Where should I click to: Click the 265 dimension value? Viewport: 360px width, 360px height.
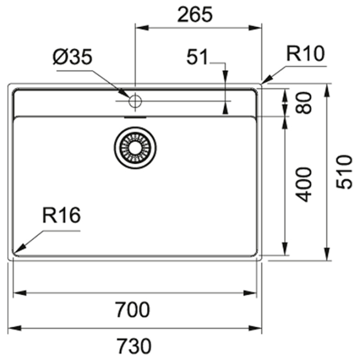[x=195, y=14]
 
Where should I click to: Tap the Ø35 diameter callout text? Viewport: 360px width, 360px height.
[x=73, y=57]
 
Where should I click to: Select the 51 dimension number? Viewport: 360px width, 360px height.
[x=197, y=57]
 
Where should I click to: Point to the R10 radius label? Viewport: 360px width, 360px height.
[x=305, y=53]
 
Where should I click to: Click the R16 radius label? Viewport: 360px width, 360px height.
[x=62, y=215]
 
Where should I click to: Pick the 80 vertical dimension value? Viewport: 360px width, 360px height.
[x=304, y=103]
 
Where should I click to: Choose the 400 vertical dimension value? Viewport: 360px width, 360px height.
[x=304, y=185]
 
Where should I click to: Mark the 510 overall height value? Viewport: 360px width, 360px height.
[x=344, y=172]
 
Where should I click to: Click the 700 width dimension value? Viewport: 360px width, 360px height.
[x=133, y=310]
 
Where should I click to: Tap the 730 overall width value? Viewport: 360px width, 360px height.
[x=134, y=346]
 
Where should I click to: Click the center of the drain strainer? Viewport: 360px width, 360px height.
[x=135, y=148]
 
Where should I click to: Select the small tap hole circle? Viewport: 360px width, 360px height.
[x=135, y=101]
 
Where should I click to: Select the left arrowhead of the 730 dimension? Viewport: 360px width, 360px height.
[x=14, y=328]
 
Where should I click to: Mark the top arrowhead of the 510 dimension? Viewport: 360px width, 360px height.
[x=327, y=90]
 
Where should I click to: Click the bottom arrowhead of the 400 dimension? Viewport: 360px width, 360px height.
[x=285, y=248]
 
